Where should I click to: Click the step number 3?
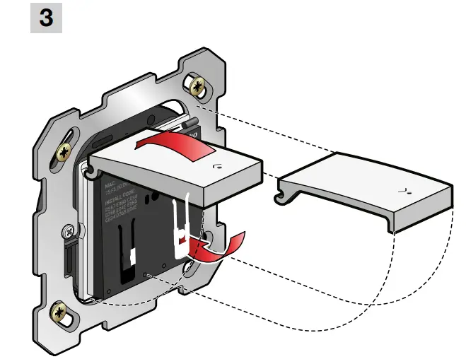tap(46, 18)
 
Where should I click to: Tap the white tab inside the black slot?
tap(132, 256)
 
